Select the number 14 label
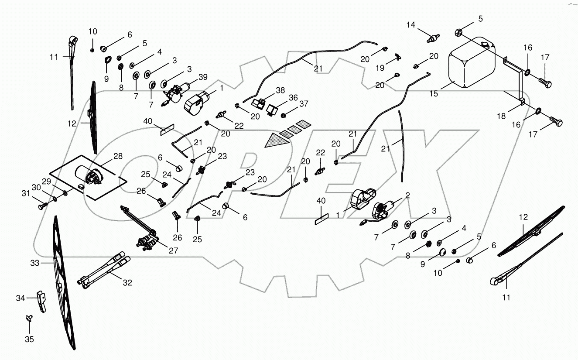point(411,25)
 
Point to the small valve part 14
point(432,38)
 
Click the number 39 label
point(202,77)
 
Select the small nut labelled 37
point(283,115)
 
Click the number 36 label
point(293,98)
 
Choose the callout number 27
point(173,251)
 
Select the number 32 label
point(127,283)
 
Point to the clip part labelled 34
point(42,301)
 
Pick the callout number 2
point(407,195)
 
